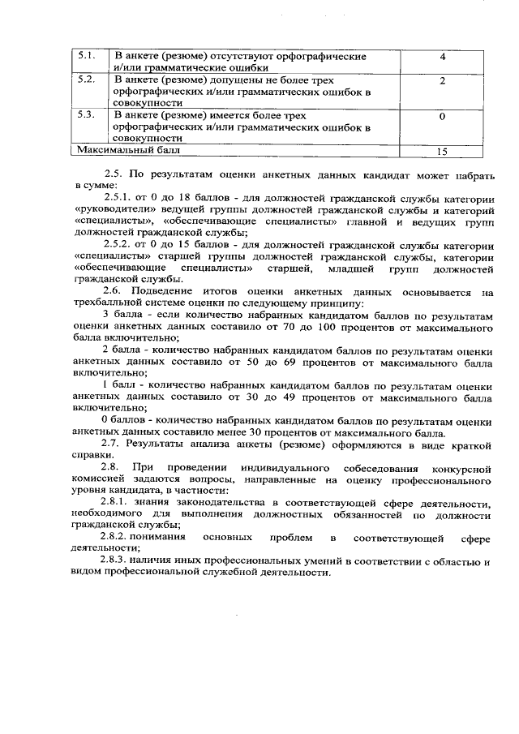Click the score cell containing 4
443,58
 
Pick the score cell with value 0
443,117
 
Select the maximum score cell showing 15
442,151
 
